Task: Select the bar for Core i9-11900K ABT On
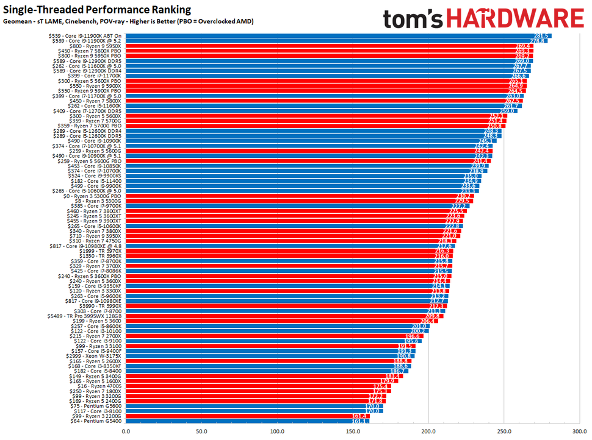tap(330, 36)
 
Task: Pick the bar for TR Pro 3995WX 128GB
tap(275, 316)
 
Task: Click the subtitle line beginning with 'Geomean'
tap(128, 21)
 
